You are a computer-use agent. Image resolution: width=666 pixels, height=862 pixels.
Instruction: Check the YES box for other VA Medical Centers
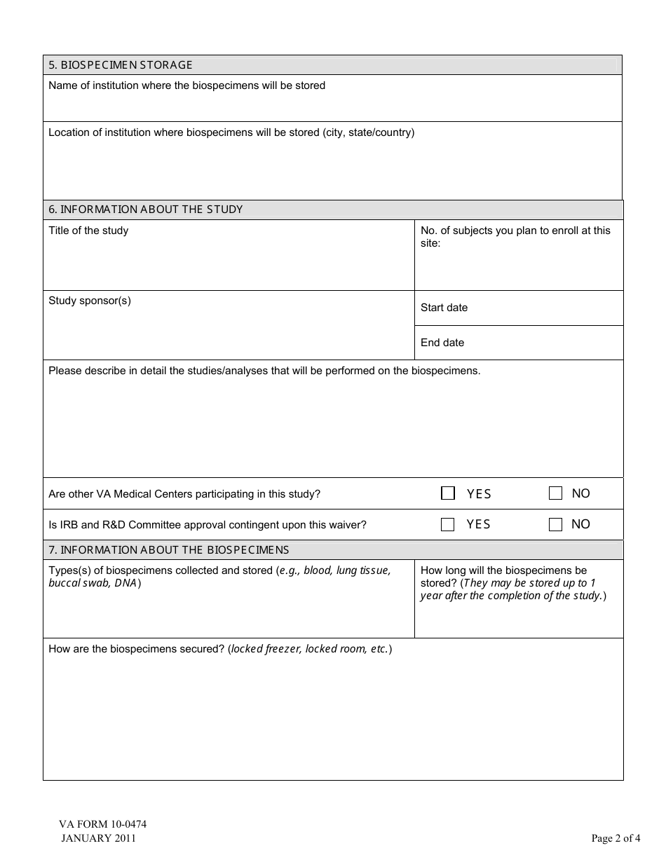pos(448,493)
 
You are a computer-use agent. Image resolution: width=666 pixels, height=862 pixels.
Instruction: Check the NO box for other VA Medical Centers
pos(555,493)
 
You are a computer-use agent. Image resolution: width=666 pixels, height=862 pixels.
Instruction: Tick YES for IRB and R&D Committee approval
pos(448,524)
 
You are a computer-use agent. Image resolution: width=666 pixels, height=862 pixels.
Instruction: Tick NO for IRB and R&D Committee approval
pos(555,524)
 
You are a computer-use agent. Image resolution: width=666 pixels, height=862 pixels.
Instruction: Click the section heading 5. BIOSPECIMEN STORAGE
pos(120,65)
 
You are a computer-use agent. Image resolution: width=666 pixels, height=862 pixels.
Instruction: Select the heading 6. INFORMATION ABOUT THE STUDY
pos(145,210)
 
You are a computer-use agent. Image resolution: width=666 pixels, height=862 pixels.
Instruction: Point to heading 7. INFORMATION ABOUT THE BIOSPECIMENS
pos(168,550)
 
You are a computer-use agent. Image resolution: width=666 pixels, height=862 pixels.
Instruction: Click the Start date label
pos(444,308)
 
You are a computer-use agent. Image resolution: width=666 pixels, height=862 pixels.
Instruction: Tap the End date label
pos(442,343)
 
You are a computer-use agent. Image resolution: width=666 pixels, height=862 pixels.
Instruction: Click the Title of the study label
pos(88,231)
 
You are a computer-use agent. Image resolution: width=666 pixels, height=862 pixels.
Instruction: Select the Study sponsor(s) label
pos(90,301)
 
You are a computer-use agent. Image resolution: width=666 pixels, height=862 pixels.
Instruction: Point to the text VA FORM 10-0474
pos(102,824)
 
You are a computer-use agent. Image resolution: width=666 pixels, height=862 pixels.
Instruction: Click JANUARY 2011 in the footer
pos(98,838)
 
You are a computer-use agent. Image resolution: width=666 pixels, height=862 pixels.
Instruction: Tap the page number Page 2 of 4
pos(616,838)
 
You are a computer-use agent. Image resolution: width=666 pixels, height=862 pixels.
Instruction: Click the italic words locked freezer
pos(266,649)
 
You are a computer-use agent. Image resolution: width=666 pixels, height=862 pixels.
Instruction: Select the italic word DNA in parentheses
pos(125,583)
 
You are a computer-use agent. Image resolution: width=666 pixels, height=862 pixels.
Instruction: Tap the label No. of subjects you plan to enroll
pos(515,231)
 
